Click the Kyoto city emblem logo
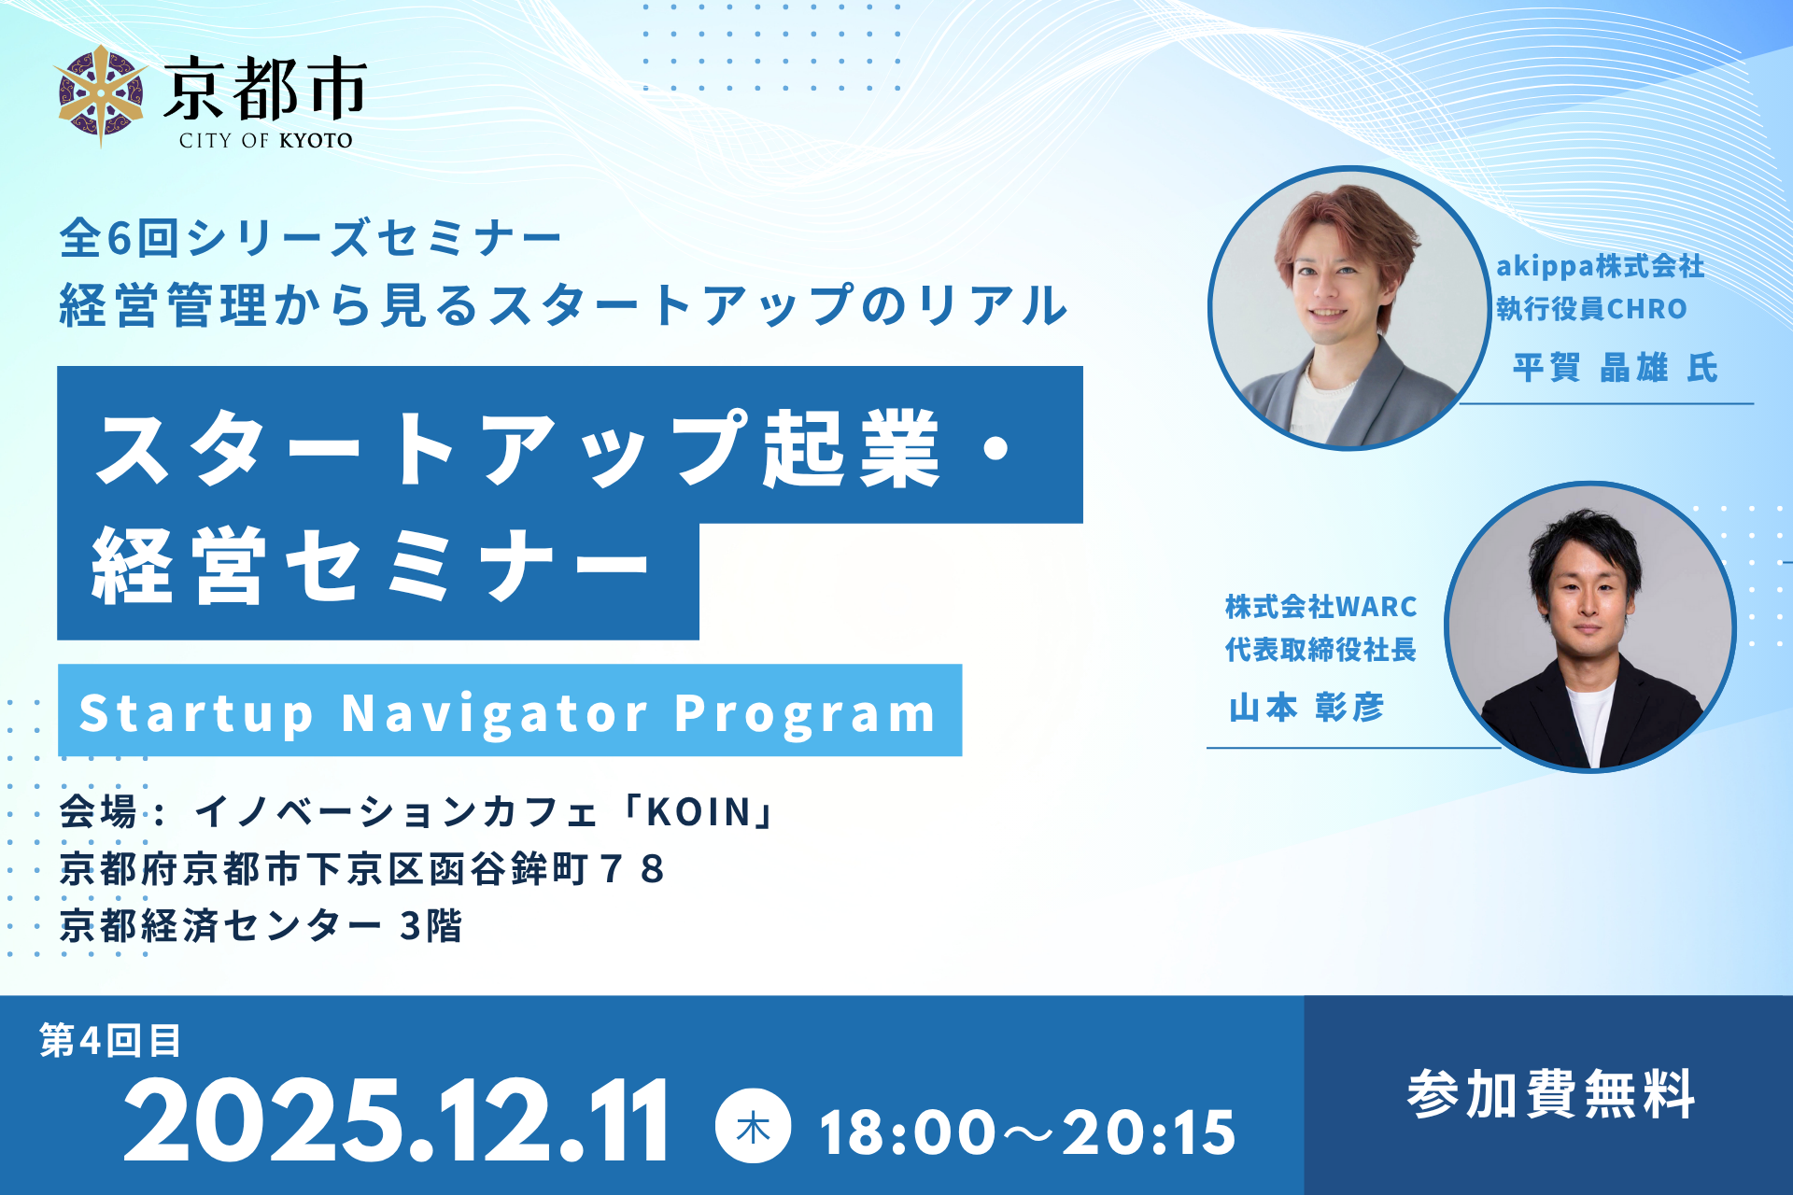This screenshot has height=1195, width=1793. (x=101, y=96)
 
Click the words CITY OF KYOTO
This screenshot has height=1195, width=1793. (x=266, y=141)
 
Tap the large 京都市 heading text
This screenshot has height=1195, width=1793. (x=265, y=88)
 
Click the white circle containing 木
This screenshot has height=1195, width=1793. (x=753, y=1126)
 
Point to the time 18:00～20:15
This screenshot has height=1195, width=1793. (x=1027, y=1132)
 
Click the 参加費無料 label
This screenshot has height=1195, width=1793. (x=1550, y=1094)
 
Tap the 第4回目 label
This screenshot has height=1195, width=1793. (x=110, y=1040)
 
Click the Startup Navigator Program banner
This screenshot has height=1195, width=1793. (x=510, y=710)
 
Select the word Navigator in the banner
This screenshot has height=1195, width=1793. (x=495, y=714)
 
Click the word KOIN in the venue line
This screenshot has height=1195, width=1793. (x=699, y=812)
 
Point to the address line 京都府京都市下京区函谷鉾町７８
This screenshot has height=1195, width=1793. (x=362, y=869)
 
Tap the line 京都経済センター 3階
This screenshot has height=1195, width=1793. (x=261, y=926)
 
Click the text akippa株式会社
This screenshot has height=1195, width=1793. (x=1601, y=267)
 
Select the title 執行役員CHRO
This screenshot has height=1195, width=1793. (x=1592, y=308)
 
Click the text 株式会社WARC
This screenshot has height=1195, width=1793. (x=1320, y=607)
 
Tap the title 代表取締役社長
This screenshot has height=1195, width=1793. (x=1320, y=649)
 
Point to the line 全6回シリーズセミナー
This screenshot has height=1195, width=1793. (x=311, y=237)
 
